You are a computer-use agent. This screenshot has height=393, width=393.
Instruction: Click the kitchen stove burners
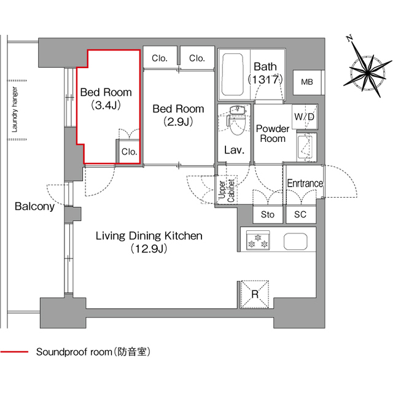tap(257, 240)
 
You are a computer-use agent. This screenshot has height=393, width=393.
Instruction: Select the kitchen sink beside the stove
tap(295, 241)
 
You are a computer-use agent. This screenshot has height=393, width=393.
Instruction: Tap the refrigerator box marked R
tap(255, 293)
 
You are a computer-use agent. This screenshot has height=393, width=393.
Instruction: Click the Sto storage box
tap(268, 214)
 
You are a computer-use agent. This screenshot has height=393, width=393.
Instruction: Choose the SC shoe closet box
tap(300, 214)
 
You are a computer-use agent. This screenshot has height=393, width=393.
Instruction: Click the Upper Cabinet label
tap(226, 190)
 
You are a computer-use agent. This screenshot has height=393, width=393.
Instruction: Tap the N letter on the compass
tap(349, 39)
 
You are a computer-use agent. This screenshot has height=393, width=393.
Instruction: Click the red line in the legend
tap(14, 352)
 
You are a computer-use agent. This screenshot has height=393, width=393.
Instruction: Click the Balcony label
tap(34, 206)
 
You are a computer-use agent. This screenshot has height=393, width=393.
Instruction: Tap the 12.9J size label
tap(148, 249)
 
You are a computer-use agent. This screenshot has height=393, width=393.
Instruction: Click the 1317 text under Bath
tap(265, 79)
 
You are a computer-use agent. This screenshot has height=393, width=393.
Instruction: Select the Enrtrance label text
tap(305, 184)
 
